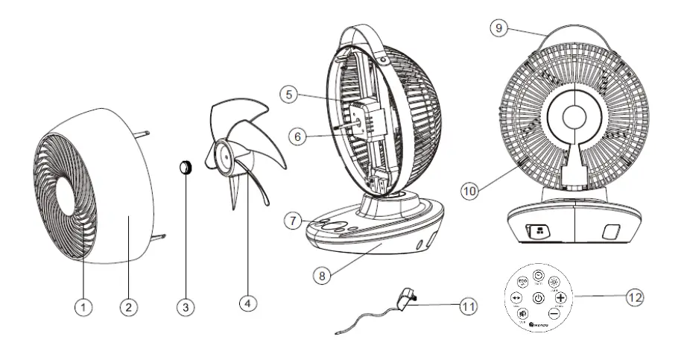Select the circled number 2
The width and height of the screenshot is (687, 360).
pos(130,306)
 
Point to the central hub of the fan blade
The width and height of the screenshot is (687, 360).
pos(224,154)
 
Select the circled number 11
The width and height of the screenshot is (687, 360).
pos(467,306)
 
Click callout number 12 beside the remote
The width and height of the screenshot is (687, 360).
pos(634,297)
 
